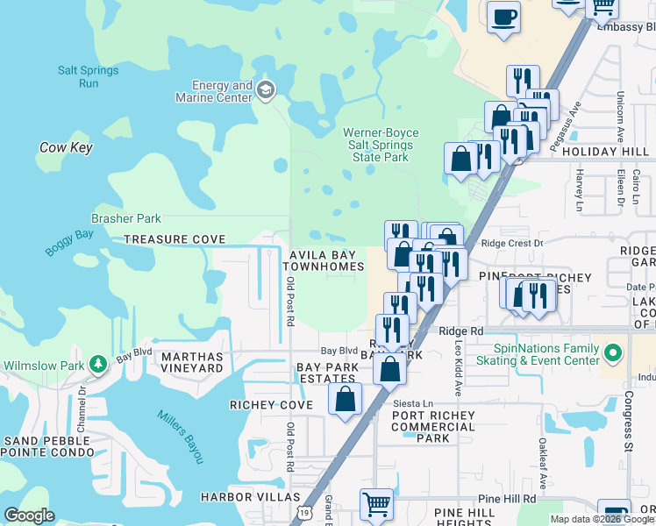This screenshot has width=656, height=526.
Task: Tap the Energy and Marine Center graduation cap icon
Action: (266, 89)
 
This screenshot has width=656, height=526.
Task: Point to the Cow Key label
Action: (66, 147)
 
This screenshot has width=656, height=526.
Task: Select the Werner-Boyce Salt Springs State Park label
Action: (381, 145)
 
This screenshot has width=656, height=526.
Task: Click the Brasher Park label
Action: (126, 218)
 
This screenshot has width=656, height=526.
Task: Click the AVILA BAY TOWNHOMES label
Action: (323, 259)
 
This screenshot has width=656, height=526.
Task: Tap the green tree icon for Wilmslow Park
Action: (100, 362)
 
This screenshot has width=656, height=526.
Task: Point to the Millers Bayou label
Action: (181, 437)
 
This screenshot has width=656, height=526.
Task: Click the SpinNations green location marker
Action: (613, 353)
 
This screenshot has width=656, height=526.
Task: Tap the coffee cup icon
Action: (503, 18)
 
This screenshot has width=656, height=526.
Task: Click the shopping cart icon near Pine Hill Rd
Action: (376, 504)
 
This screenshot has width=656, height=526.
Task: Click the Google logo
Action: (29, 515)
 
